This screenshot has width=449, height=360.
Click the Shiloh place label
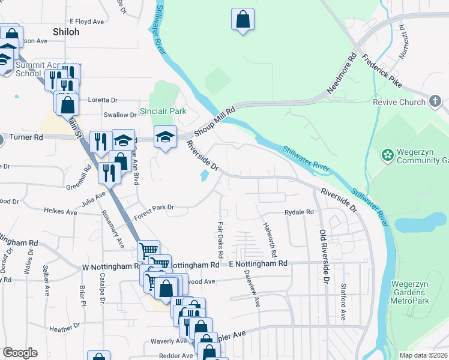pos(66,32)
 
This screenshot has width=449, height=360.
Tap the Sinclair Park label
pos(163,111)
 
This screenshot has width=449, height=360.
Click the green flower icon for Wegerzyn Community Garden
pos(387,155)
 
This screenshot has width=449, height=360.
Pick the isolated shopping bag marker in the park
pos(243,20)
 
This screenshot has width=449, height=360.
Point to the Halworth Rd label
pos(268,233)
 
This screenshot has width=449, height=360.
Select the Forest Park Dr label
pos(154,208)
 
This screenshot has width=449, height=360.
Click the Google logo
pos(20,353)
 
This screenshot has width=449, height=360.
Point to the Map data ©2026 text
pos(423,355)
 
